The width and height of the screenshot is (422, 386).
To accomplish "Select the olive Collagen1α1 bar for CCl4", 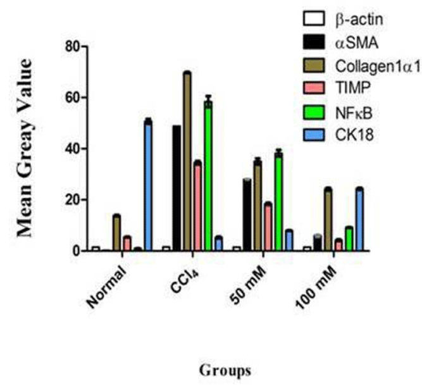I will coord(187,161).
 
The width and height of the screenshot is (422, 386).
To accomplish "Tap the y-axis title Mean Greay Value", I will coord(26,149).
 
